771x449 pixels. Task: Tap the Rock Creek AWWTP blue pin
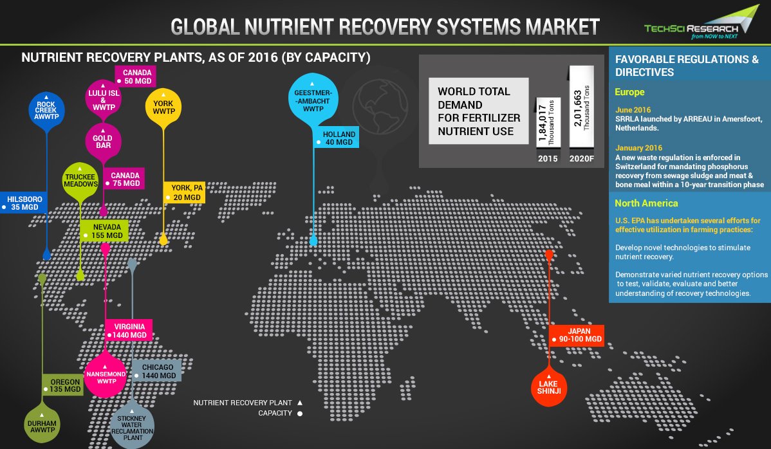point(46,109)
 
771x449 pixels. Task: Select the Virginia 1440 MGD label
point(129,331)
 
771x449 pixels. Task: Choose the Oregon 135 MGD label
point(62,385)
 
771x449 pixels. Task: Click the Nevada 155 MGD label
point(106,232)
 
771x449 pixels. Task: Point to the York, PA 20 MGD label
point(186,193)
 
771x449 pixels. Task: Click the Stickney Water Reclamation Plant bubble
point(132,425)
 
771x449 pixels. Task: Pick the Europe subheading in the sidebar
point(629,92)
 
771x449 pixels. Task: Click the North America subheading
point(646,203)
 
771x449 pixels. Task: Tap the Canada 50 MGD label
point(136,76)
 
